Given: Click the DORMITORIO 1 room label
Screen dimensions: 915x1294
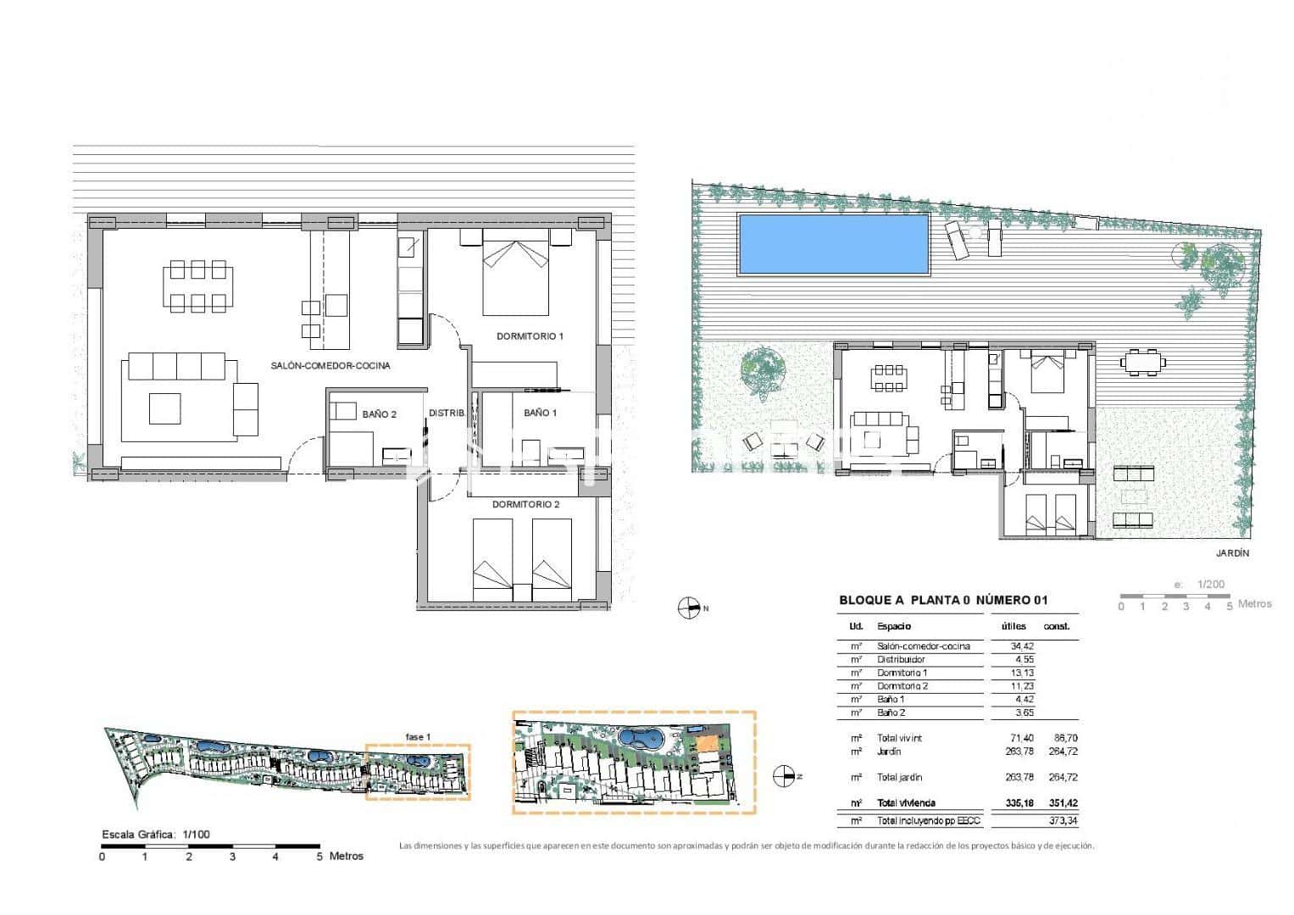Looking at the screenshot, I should coord(530,336).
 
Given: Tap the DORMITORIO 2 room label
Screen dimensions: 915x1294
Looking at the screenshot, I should coord(525,504).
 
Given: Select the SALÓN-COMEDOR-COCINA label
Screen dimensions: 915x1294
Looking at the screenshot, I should coord(330,366).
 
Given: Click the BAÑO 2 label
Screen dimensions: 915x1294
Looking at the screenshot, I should coord(379,414).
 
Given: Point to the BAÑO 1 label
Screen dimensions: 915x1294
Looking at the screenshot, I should coord(540,413).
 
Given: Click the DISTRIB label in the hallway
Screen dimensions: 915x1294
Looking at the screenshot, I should coord(447,413).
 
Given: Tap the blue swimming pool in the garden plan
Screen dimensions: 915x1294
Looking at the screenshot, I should coord(833,244).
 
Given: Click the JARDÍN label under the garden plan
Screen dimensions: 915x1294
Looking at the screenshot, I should coord(1231,553).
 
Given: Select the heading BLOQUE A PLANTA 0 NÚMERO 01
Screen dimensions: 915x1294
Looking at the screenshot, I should coord(943,601).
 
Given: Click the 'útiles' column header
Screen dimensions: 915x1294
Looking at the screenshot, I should coord(1013,626).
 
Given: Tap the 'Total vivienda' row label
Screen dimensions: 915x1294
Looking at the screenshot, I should coord(906,803).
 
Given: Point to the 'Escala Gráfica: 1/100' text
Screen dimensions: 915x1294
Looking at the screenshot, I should coord(155,835).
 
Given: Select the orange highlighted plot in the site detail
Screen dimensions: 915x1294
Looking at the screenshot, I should coord(705,746).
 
